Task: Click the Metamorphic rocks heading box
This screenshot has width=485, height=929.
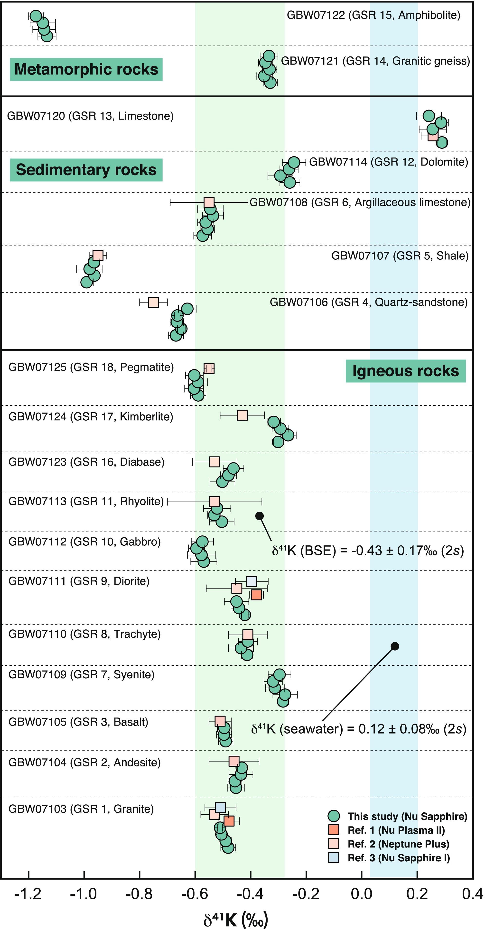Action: (x=86, y=69)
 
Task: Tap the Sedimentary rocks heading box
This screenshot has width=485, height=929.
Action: (x=86, y=170)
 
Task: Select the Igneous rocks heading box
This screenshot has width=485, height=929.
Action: (x=406, y=371)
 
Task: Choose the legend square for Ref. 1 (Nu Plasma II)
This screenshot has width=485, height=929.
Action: (x=334, y=830)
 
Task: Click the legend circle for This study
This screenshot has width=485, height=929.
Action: (x=334, y=816)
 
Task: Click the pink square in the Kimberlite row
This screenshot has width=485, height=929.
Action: (x=242, y=415)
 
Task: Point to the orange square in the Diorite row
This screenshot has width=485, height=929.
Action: (x=256, y=595)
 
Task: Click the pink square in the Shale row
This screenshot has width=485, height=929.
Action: (x=98, y=255)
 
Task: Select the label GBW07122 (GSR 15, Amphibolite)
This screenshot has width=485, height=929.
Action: (x=373, y=15)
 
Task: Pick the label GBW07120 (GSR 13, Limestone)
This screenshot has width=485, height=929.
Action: (x=90, y=116)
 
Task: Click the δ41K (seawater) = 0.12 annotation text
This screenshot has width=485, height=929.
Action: (x=359, y=728)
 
